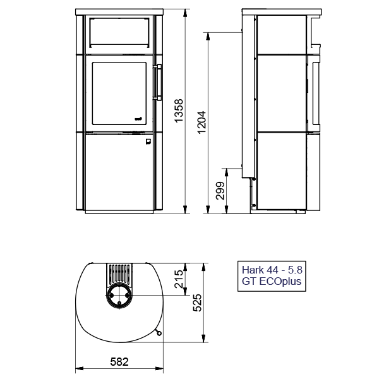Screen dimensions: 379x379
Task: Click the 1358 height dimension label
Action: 179,111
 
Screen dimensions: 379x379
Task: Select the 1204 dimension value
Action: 202,122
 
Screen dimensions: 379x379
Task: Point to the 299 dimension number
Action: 220,191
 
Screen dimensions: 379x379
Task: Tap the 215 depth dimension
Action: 179,279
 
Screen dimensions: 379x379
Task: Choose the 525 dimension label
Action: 197,303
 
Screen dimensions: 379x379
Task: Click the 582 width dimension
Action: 119,362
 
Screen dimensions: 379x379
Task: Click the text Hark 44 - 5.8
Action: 272,270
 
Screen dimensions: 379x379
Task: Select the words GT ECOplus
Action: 272,281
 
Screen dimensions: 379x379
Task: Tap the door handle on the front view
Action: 158,82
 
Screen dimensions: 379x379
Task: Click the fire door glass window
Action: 119,93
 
